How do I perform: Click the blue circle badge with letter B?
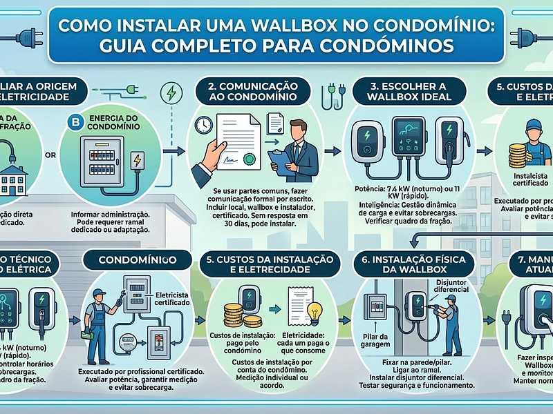point(75,122)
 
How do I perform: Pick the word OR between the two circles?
point(50,155)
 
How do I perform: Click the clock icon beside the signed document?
point(203,124)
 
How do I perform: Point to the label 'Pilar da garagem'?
point(373,339)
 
